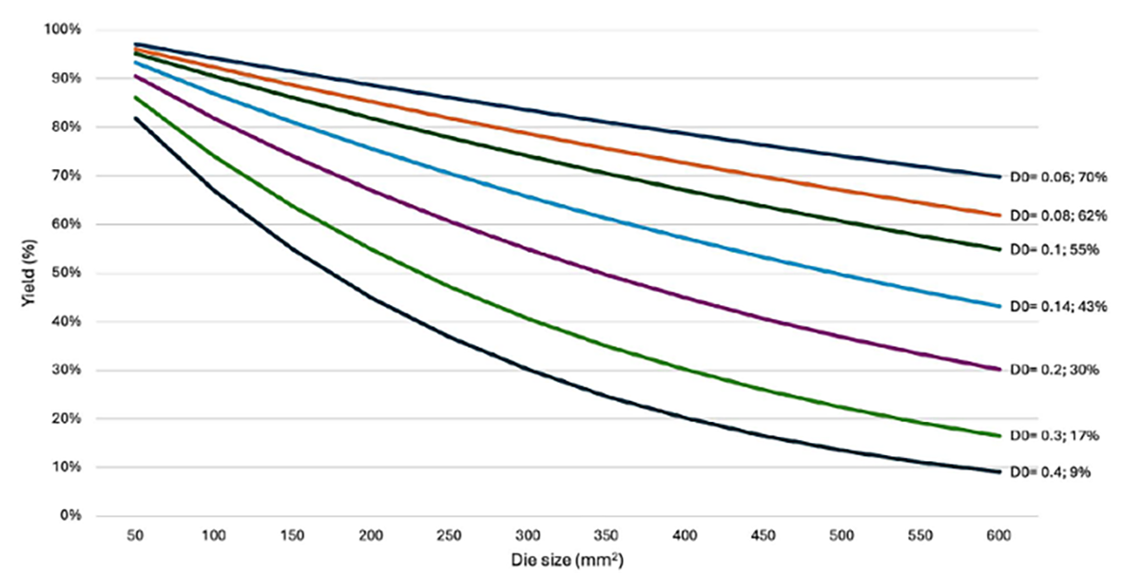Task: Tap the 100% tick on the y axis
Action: coord(63,29)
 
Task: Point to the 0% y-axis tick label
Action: coord(69,516)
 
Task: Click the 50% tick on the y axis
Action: coord(66,273)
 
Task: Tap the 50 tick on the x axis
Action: coord(137,535)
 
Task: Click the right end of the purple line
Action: coord(999,369)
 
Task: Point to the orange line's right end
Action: coord(999,216)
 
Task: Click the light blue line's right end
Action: coord(999,306)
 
